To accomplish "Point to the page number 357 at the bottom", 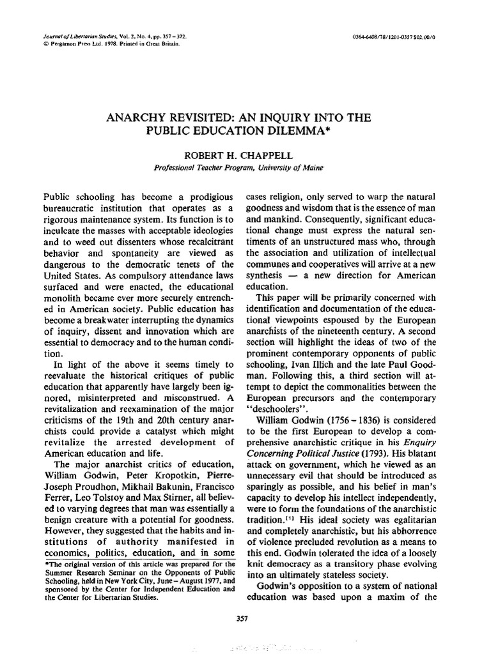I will click(242, 618).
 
